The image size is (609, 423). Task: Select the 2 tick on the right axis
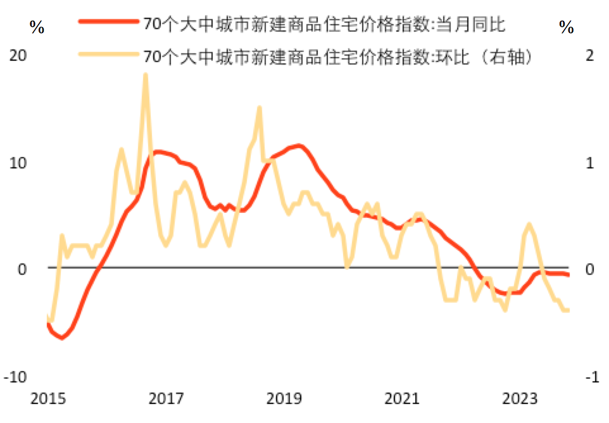click(x=590, y=55)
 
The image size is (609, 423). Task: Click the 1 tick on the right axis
click(x=590, y=162)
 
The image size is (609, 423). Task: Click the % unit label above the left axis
click(x=36, y=27)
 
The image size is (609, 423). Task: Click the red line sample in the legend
click(x=108, y=23)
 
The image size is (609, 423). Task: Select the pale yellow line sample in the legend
click(x=108, y=56)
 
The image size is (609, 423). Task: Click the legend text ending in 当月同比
click(x=323, y=23)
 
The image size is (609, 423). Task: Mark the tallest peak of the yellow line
click(x=145, y=75)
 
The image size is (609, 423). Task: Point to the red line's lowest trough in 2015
click(x=61, y=338)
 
